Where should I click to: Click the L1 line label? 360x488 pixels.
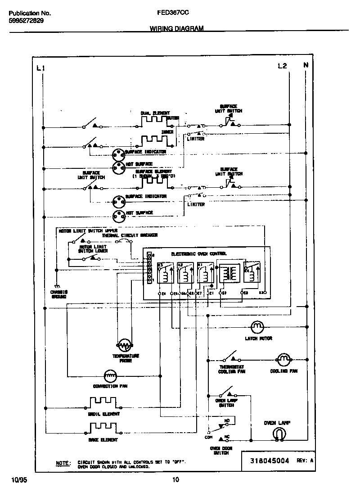pyautogui.click(x=40, y=68)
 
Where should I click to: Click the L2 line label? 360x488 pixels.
pyautogui.click(x=282, y=66)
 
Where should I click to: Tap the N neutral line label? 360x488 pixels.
pyautogui.click(x=306, y=65)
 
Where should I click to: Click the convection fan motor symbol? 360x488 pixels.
pyautogui.click(x=110, y=375)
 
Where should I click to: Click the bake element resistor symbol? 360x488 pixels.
pyautogui.click(x=103, y=427)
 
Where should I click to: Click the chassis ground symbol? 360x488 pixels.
pyautogui.click(x=57, y=287)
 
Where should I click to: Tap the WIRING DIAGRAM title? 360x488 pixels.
pyautogui.click(x=176, y=28)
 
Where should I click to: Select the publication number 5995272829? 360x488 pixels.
pyautogui.click(x=26, y=21)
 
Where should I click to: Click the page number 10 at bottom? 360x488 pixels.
pyautogui.click(x=176, y=479)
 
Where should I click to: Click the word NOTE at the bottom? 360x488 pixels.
pyautogui.click(x=63, y=463)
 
